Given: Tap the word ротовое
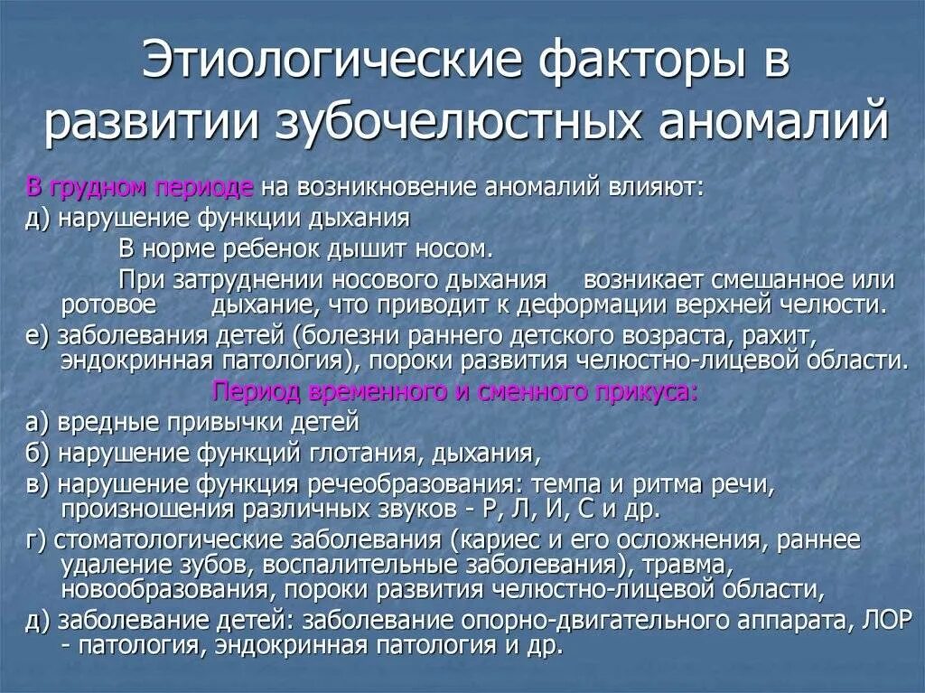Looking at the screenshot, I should pos(108,304).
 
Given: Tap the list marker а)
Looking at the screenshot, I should pos(38,422).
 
